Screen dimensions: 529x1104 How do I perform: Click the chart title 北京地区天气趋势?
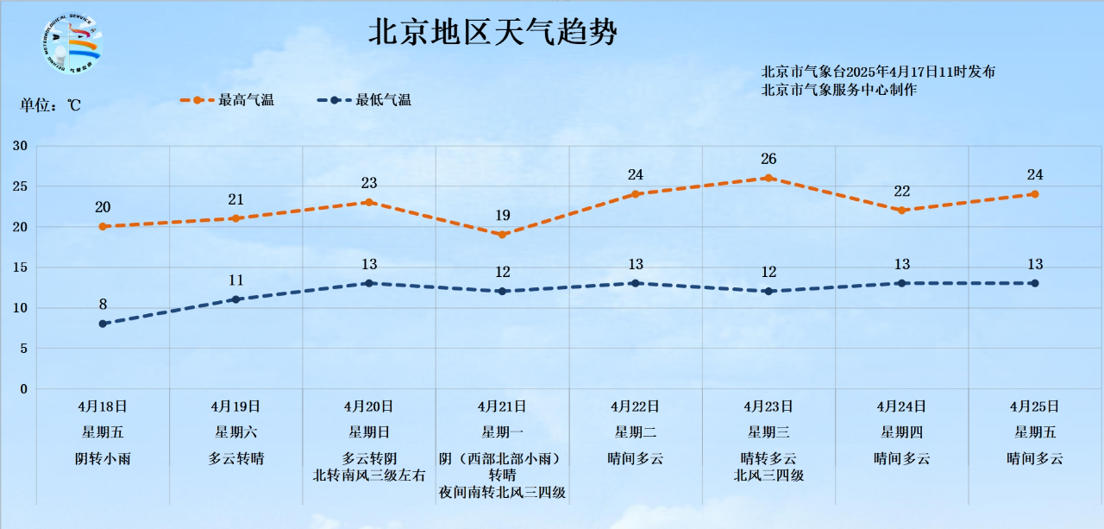tap(493, 34)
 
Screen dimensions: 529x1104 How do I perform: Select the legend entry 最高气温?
tap(246, 100)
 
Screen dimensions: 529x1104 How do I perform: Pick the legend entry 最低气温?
tap(384, 100)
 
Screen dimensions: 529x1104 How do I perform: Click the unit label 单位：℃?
tap(51, 105)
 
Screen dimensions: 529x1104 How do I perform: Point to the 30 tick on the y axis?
tap(20, 146)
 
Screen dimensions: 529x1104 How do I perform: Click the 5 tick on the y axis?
tap(23, 349)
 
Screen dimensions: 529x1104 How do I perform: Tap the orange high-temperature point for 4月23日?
tap(768, 178)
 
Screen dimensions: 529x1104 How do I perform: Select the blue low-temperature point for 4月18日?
tap(103, 324)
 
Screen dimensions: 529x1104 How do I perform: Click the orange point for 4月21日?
tap(502, 235)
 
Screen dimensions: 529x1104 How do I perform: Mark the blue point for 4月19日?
tap(235, 299)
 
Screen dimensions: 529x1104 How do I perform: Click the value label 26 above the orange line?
tap(768, 159)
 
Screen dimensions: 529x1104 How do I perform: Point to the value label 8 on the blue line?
tap(103, 304)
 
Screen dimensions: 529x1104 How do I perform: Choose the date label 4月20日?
tap(368, 406)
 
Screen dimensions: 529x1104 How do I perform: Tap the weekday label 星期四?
tap(901, 432)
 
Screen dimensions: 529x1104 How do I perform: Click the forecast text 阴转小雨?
tap(103, 459)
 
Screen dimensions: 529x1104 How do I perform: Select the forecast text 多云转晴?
tap(235, 459)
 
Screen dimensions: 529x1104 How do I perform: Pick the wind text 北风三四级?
tap(768, 475)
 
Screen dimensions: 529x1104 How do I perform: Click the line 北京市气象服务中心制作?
tap(839, 90)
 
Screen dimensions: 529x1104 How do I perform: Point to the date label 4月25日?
tap(1034, 406)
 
